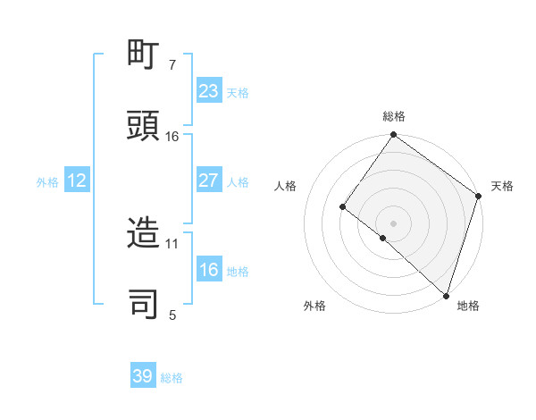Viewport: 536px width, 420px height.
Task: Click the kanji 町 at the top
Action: pyautogui.click(x=144, y=56)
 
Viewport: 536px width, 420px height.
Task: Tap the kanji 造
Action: pyautogui.click(x=144, y=234)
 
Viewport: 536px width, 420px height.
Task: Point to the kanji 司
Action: pyautogui.click(x=144, y=305)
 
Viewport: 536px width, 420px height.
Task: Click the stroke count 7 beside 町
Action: pyautogui.click(x=172, y=65)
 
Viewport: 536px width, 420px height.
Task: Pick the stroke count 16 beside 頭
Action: pyautogui.click(x=172, y=137)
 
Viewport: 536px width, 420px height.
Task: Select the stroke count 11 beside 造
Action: pyautogui.click(x=172, y=243)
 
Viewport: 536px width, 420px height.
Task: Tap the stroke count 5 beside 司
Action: pyautogui.click(x=172, y=315)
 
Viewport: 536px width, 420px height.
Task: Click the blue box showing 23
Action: pyautogui.click(x=208, y=91)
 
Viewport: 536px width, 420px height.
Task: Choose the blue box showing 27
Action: pyautogui.click(x=208, y=181)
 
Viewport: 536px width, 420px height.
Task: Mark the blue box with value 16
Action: pyautogui.click(x=208, y=270)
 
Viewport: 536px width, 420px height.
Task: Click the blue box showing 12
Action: pyautogui.click(x=77, y=181)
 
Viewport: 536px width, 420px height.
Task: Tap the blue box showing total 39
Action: pyautogui.click(x=143, y=376)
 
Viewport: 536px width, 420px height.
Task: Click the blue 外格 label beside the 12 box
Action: pyautogui.click(x=47, y=181)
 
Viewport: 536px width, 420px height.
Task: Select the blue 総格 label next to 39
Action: pyautogui.click(x=172, y=378)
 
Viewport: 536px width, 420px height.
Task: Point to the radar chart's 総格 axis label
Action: pyautogui.click(x=393, y=116)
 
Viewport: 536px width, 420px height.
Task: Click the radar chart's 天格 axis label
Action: pyautogui.click(x=502, y=186)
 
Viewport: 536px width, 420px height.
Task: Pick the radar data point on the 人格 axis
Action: pyautogui.click(x=342, y=206)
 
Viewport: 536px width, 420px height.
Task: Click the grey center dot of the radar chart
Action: pyautogui.click(x=393, y=223)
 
